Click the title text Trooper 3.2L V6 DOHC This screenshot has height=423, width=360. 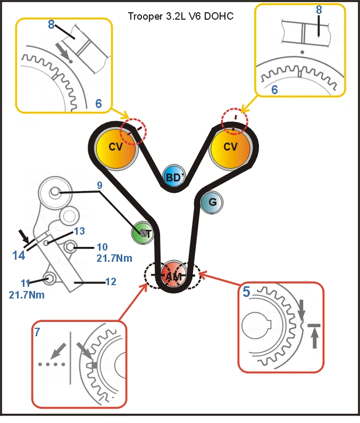point(181,16)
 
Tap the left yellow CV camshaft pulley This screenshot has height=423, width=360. point(116,147)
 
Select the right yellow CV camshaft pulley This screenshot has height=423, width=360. point(230,147)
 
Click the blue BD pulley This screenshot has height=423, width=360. point(173,177)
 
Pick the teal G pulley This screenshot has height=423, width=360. point(212,202)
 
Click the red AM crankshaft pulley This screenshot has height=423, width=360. point(172,276)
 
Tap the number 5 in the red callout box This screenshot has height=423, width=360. point(247,292)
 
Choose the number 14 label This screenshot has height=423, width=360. point(19,255)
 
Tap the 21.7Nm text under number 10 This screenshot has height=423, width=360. point(114,259)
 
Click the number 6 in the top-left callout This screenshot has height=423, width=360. point(98,103)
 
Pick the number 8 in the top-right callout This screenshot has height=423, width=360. point(319,10)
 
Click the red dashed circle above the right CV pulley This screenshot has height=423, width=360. point(235,121)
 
